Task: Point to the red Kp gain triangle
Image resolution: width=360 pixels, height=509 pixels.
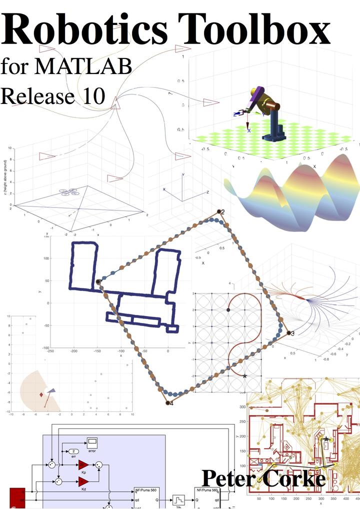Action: tap(83, 465)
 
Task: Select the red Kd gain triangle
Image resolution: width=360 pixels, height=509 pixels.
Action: tap(83, 481)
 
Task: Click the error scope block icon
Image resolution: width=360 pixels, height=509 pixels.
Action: tap(92, 441)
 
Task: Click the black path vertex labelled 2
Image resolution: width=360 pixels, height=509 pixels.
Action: tap(218, 211)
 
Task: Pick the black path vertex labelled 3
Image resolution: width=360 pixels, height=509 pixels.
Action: tap(288, 332)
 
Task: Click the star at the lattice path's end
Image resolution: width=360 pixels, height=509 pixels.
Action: tap(244, 375)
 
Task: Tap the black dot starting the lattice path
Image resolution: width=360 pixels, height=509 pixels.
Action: tap(228, 310)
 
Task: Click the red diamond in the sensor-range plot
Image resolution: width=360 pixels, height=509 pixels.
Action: tap(41, 395)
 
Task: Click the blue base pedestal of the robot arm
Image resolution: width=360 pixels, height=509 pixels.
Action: tap(274, 127)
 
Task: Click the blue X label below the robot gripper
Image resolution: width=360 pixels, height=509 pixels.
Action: tap(249, 130)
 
